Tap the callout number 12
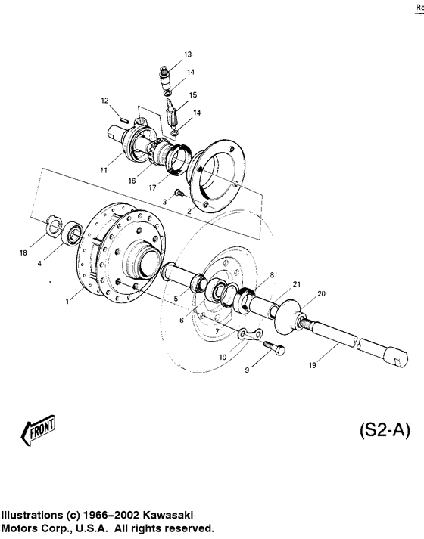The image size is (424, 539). pyautogui.click(x=105, y=101)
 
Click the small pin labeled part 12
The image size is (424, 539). pyautogui.click(x=123, y=116)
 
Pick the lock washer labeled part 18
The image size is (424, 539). pyautogui.click(x=53, y=222)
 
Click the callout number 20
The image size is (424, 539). pyautogui.click(x=321, y=293)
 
